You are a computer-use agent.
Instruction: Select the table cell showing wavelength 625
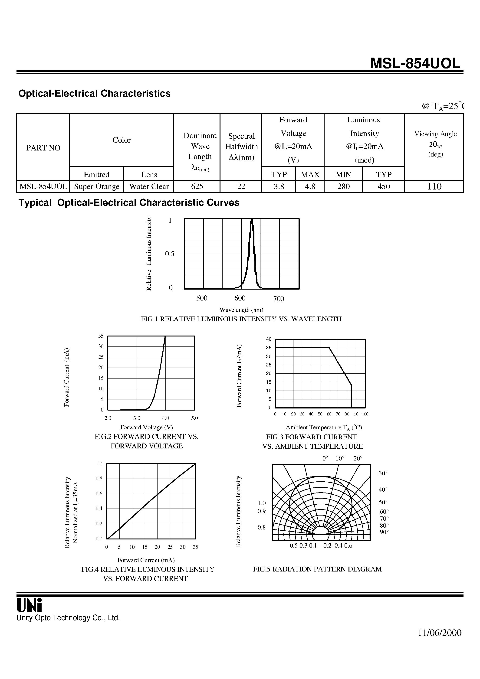tap(197, 186)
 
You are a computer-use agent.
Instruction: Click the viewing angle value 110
tap(434, 186)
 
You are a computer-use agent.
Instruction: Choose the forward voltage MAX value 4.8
tap(310, 186)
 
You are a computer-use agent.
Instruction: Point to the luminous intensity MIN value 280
tap(343, 186)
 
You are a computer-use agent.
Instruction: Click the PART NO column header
tap(43, 148)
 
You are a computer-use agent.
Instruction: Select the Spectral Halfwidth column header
tap(241, 146)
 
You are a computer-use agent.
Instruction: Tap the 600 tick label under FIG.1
tap(240, 298)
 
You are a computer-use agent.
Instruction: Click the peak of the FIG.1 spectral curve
tap(252, 220)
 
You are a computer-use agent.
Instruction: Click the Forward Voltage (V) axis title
tap(146, 427)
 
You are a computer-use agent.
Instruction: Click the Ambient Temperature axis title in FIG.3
tap(324, 427)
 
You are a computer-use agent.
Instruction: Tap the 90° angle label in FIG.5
tap(384, 532)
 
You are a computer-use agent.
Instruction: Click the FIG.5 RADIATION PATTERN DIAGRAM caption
tap(317, 569)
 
